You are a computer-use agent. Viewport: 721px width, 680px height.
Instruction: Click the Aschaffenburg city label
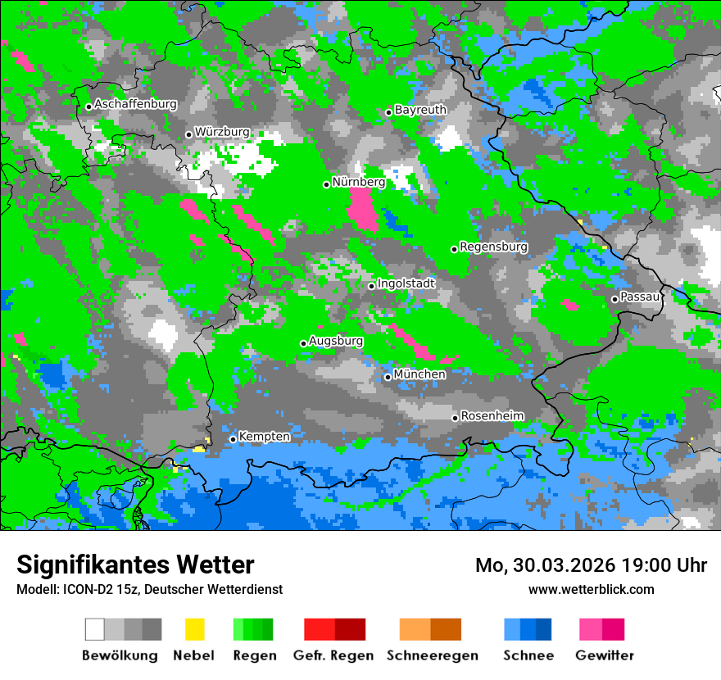pos(135,105)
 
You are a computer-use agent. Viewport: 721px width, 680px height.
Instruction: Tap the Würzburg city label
pos(222,132)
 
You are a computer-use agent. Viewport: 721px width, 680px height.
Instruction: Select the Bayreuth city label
pos(420,110)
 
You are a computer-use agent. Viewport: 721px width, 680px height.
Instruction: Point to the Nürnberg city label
pos(358,182)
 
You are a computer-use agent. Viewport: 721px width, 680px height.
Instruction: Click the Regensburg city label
pos(493,247)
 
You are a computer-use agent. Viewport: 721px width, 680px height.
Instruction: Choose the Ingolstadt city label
pos(406,283)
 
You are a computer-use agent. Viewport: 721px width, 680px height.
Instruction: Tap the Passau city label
pos(640,297)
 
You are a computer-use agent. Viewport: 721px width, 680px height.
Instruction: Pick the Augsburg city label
pos(336,341)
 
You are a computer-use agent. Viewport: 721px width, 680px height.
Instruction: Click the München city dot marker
pos(388,377)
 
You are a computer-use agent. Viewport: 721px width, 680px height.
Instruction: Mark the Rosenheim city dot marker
pos(455,418)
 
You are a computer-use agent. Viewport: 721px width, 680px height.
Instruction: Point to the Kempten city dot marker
pos(233,439)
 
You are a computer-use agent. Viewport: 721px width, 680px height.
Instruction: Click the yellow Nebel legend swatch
pos(194,629)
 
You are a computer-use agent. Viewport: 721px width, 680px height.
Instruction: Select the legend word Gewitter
pos(604,655)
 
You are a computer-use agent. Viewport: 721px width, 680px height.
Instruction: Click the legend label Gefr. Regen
pos(333,655)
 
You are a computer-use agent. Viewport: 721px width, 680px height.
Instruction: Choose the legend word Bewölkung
pos(120,655)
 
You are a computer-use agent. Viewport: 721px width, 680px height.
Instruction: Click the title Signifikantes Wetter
pos(135,564)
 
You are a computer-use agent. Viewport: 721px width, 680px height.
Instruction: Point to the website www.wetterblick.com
pos(591,589)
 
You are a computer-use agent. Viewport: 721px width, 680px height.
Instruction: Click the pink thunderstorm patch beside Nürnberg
pos(362,210)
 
